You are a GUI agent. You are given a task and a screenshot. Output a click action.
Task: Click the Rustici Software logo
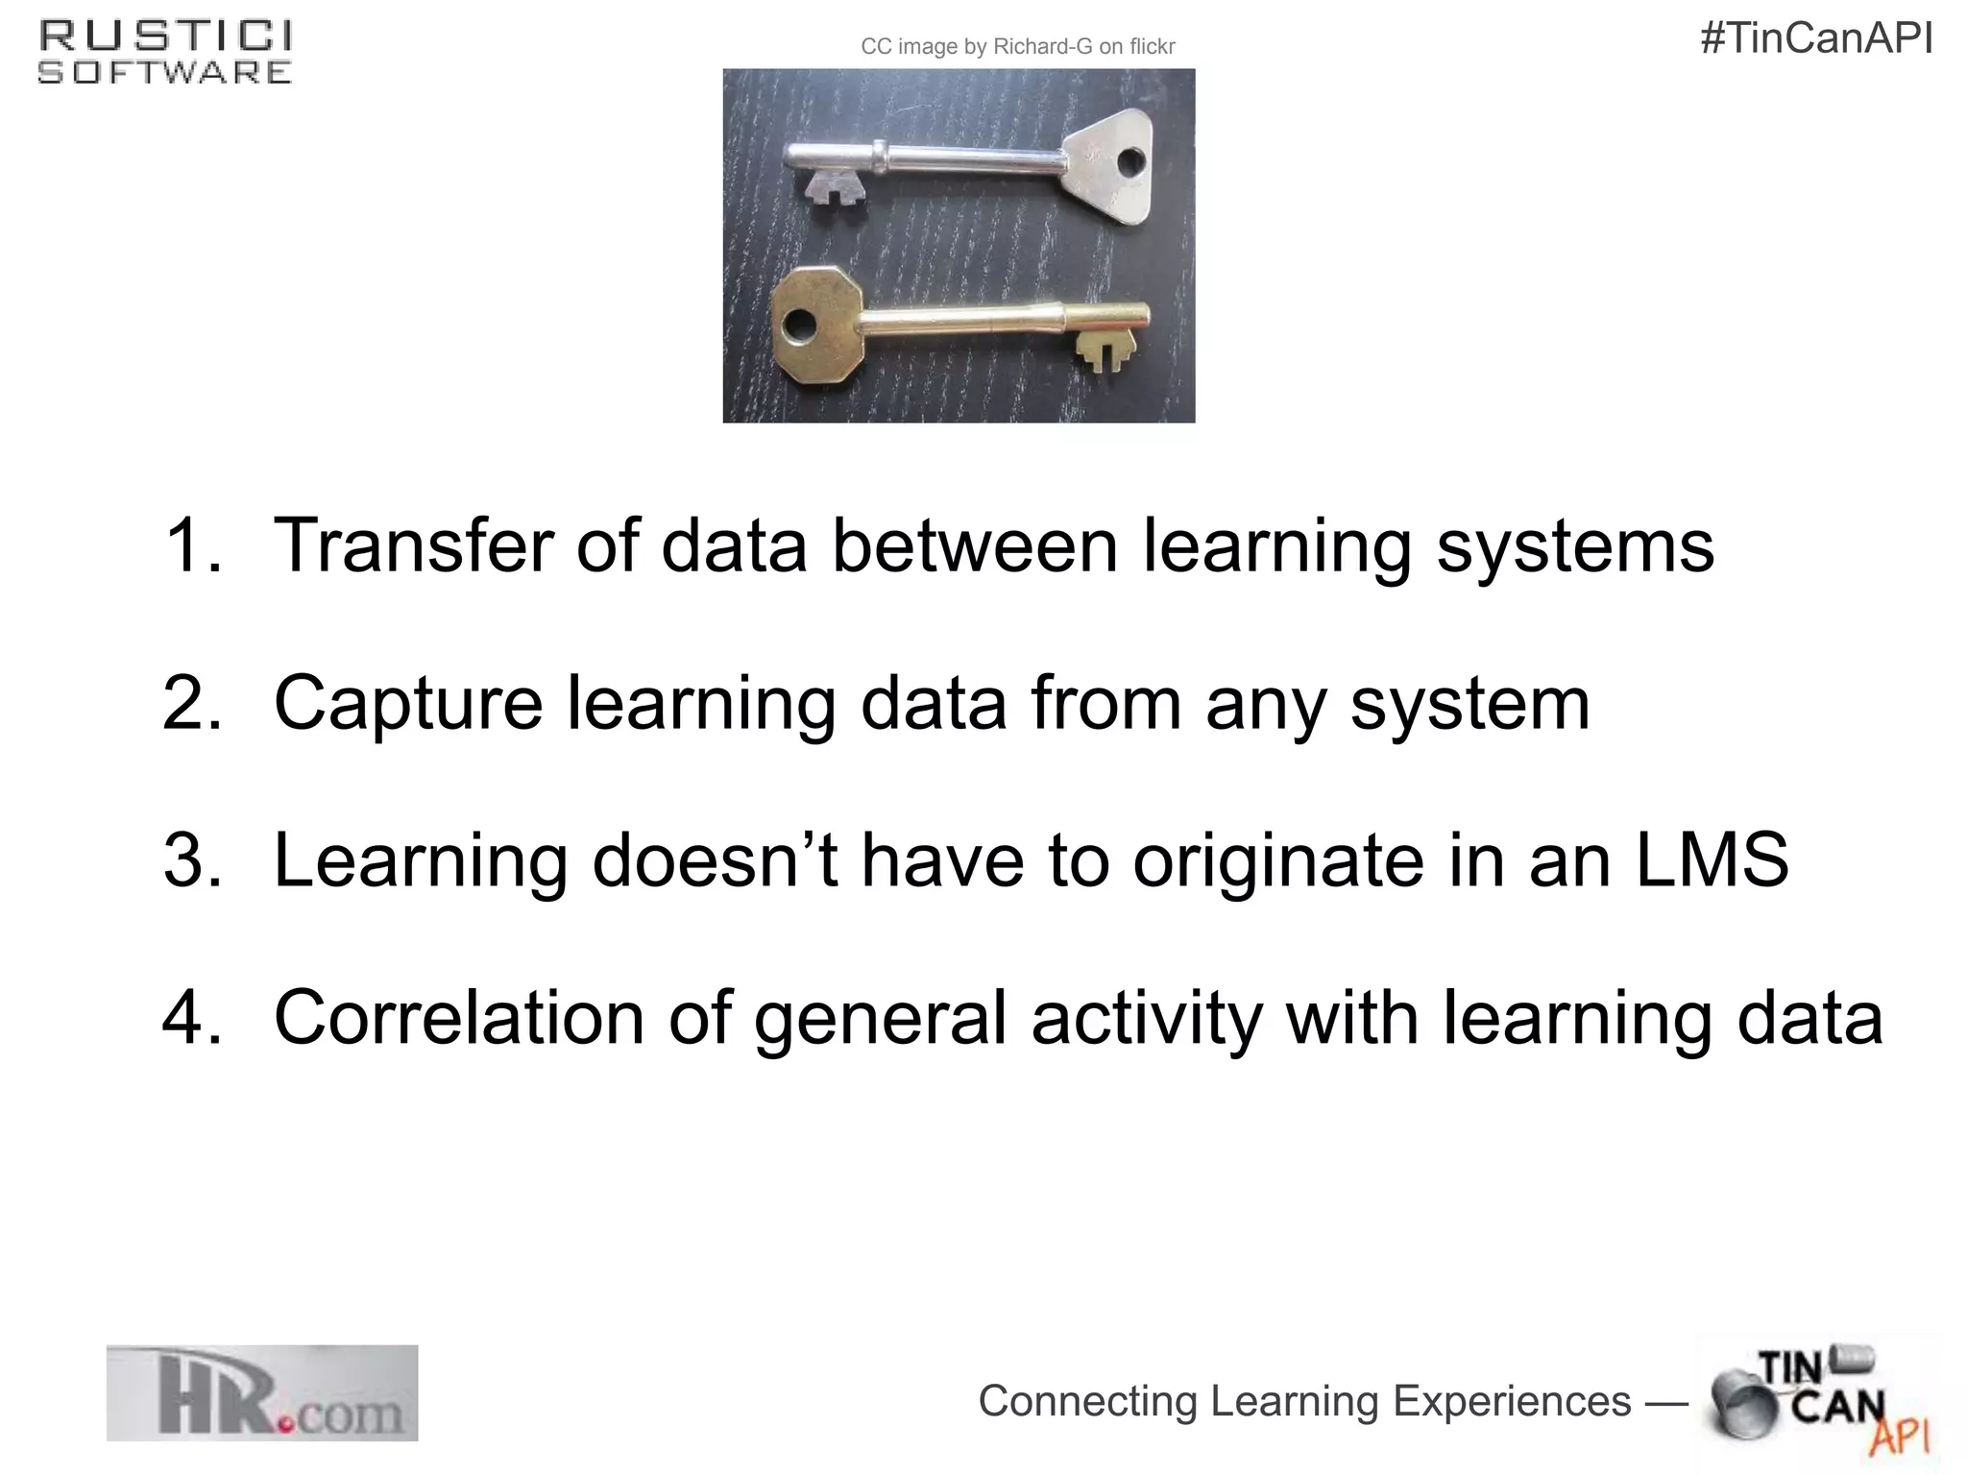pyautogui.click(x=165, y=54)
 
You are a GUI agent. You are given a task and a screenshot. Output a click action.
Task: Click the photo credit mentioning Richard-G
pyautogui.click(x=1018, y=47)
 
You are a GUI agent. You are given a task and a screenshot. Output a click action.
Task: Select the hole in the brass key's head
pyautogui.click(x=797, y=326)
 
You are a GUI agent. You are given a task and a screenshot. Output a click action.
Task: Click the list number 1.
pyautogui.click(x=192, y=545)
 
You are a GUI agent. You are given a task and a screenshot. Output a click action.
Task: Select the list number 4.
pyautogui.click(x=192, y=1018)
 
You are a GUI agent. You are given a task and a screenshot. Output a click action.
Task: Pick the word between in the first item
pyautogui.click(x=974, y=545)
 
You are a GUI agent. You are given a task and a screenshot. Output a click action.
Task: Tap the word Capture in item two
pyautogui.click(x=408, y=703)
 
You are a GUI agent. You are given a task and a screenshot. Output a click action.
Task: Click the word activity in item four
pyautogui.click(x=1147, y=1018)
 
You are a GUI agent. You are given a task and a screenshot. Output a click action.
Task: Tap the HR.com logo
pyautogui.click(x=262, y=1393)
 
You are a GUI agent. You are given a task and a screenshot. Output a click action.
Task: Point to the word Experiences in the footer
pyautogui.click(x=1512, y=1401)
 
